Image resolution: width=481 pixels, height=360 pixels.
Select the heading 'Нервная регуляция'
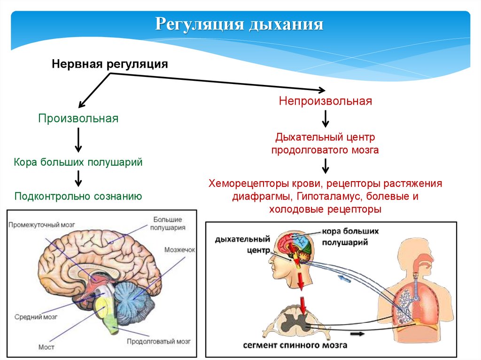tap(109, 63)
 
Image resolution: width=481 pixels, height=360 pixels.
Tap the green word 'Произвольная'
tap(78, 118)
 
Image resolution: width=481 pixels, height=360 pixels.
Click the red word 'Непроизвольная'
tap(326, 101)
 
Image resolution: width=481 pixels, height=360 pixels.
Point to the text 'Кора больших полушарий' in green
tap(78, 162)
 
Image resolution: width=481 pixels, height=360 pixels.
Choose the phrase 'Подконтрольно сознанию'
tap(78, 196)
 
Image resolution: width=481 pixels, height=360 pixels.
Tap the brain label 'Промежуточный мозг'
tap(41, 224)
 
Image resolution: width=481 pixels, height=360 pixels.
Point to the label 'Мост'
tap(47, 347)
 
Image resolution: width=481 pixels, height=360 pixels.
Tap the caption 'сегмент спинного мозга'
tap(295, 345)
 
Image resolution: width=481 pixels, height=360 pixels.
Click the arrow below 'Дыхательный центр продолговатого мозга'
tap(325, 167)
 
